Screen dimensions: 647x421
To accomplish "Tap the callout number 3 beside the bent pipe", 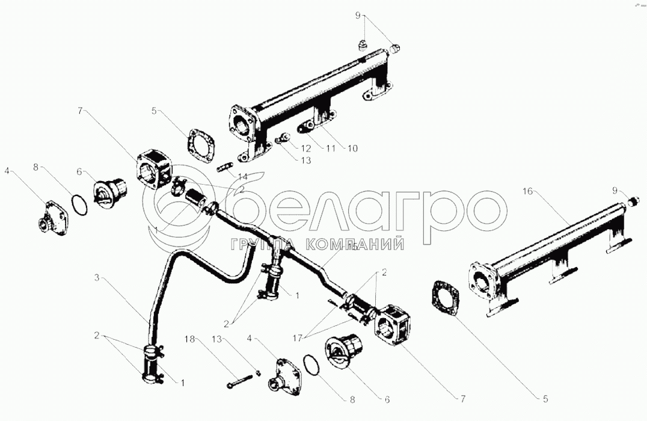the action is coord(96,278).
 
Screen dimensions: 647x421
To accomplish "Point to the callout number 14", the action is coord(242,177).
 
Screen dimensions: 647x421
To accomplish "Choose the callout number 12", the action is coord(306,148).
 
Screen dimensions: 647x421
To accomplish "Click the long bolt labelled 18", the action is coord(241,381).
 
